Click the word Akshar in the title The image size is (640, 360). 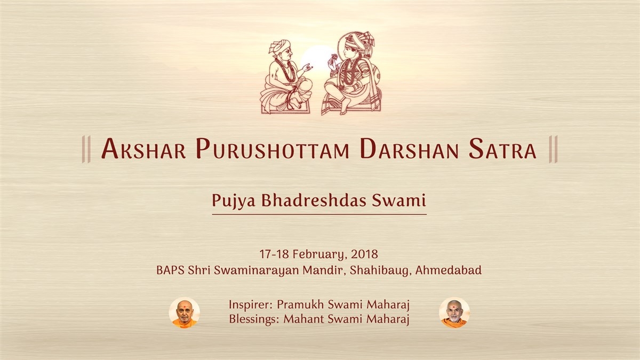[143, 149]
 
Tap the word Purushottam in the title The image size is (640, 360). [273, 149]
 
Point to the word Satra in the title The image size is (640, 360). [502, 149]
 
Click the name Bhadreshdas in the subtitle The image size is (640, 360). [314, 201]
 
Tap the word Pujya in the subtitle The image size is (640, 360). [234, 201]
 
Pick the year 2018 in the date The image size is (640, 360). [364, 254]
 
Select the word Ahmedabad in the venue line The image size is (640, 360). [449, 270]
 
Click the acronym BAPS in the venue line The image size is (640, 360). [170, 270]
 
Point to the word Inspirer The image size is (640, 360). [251, 305]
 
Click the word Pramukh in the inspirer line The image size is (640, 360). [300, 305]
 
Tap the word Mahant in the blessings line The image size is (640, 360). [303, 319]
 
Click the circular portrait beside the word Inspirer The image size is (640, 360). [185, 313]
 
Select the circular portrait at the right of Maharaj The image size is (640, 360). [454, 313]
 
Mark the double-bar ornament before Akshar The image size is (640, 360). [86, 149]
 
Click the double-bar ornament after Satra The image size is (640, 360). [553, 149]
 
